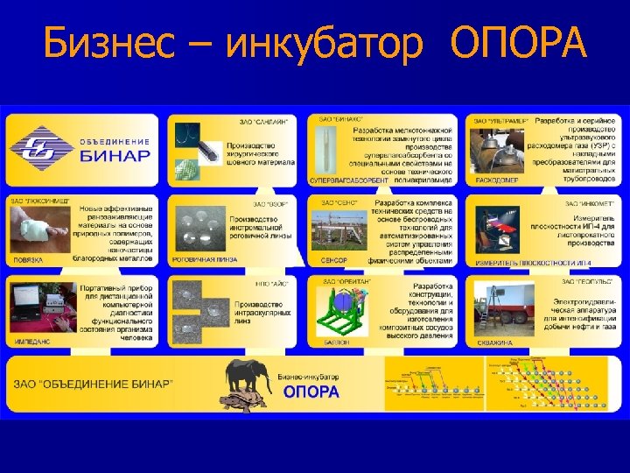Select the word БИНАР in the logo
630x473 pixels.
click(115, 156)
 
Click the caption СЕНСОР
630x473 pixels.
click(332, 260)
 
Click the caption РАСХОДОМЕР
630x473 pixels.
click(496, 180)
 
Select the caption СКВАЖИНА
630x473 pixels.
click(495, 342)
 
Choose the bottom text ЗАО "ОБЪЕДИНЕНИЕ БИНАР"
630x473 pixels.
click(94, 385)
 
